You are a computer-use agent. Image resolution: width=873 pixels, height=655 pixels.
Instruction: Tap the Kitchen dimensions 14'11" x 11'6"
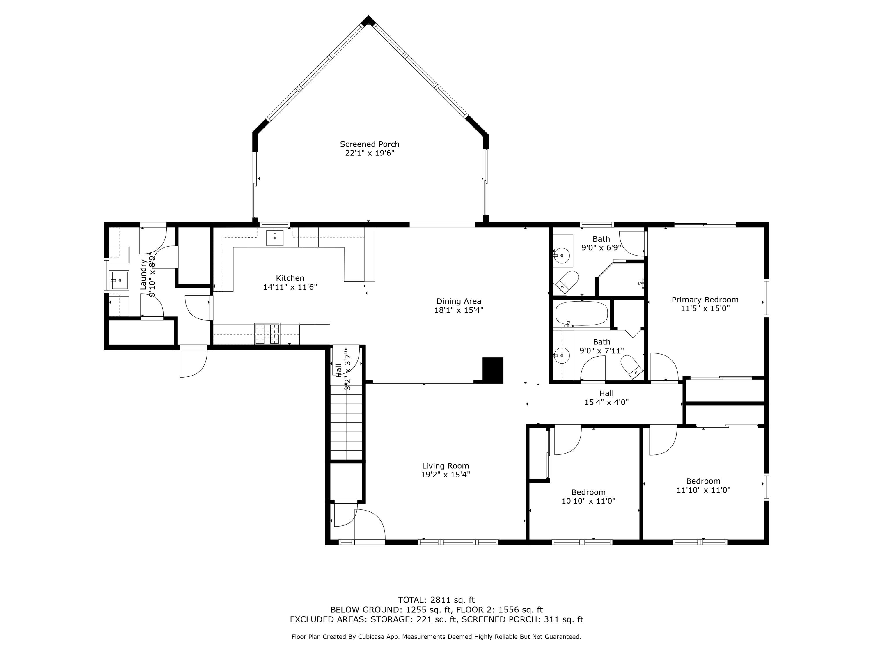click(x=290, y=287)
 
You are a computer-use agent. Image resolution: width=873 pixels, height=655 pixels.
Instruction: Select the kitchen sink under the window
click(x=275, y=237)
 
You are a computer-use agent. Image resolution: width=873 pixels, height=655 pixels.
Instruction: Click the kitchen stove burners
click(x=267, y=334)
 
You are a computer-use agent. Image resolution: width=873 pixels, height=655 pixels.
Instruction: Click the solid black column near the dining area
click(x=493, y=370)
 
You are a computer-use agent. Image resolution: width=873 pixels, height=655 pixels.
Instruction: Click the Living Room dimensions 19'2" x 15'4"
click(x=446, y=475)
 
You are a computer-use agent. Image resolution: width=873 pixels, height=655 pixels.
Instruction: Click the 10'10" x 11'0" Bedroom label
click(x=588, y=497)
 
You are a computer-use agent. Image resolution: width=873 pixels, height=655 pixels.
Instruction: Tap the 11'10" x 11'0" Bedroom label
click(x=703, y=486)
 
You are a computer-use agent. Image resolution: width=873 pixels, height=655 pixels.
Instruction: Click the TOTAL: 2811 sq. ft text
click(x=436, y=600)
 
